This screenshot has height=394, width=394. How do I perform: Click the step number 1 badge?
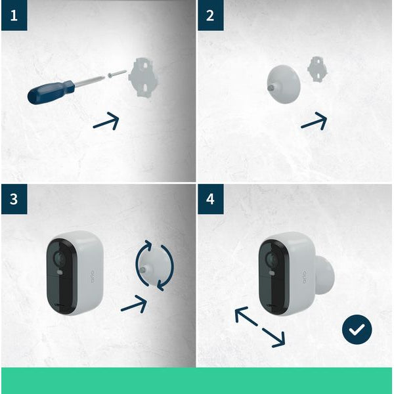(14, 15)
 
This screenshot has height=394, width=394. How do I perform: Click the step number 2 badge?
(210, 15)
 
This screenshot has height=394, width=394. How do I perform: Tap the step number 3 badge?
(14, 199)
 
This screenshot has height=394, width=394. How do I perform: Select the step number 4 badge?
(210, 199)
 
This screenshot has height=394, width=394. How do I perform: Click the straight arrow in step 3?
(134, 303)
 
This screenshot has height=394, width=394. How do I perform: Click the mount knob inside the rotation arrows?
(154, 266)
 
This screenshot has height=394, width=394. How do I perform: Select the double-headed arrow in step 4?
(260, 326)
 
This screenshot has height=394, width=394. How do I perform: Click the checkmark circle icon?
(357, 330)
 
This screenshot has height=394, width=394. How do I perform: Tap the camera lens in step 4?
(271, 260)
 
